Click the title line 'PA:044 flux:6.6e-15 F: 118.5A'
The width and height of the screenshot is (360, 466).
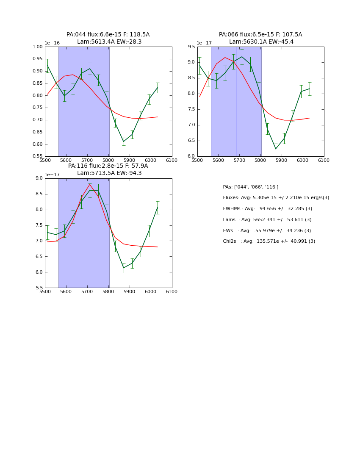pyautogui.click(x=108, y=35)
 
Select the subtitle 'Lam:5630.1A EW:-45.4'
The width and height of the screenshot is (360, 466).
pyautogui.click(x=261, y=42)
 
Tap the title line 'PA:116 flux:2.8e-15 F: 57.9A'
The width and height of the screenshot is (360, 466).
pyautogui.click(x=108, y=166)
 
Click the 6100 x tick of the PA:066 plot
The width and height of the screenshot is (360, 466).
pyautogui.click(x=324, y=161)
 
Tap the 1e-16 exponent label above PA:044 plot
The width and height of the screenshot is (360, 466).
pyautogui.click(x=52, y=43)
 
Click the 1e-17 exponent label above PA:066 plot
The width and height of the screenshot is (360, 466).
pyautogui.click(x=204, y=43)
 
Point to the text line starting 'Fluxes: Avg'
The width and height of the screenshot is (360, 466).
pyautogui.click(x=276, y=198)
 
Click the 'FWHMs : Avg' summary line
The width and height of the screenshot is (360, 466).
pyautogui.click(x=267, y=208)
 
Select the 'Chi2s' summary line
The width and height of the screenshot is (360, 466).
pyautogui.click(x=269, y=241)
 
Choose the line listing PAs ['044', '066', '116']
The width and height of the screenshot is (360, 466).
pyautogui.click(x=251, y=187)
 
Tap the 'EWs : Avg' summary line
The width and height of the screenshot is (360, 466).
pyautogui.click(x=267, y=230)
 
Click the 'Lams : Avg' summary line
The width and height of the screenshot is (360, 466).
pyautogui.click(x=267, y=219)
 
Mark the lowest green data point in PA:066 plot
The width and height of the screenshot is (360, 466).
pyautogui.click(x=276, y=149)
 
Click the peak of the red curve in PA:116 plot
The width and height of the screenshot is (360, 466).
pyautogui.click(x=90, y=184)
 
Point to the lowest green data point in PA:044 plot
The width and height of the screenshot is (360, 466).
pyautogui.click(x=124, y=141)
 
